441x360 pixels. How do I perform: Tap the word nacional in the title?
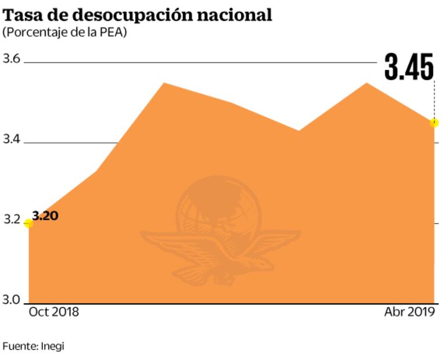(x=238, y=15)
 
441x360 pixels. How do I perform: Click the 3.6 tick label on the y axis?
(x=12, y=59)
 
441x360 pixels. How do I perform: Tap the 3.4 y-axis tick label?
(x=12, y=140)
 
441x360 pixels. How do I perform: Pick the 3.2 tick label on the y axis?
(x=12, y=221)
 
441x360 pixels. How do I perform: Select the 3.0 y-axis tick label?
(x=12, y=300)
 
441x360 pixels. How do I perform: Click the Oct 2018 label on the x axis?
(x=54, y=312)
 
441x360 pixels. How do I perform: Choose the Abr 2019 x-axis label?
(x=410, y=312)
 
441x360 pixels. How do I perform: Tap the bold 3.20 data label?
(x=46, y=215)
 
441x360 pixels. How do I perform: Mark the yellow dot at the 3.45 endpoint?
(x=434, y=123)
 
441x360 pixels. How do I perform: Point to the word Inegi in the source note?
(x=52, y=346)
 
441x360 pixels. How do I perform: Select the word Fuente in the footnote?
(x=20, y=346)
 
